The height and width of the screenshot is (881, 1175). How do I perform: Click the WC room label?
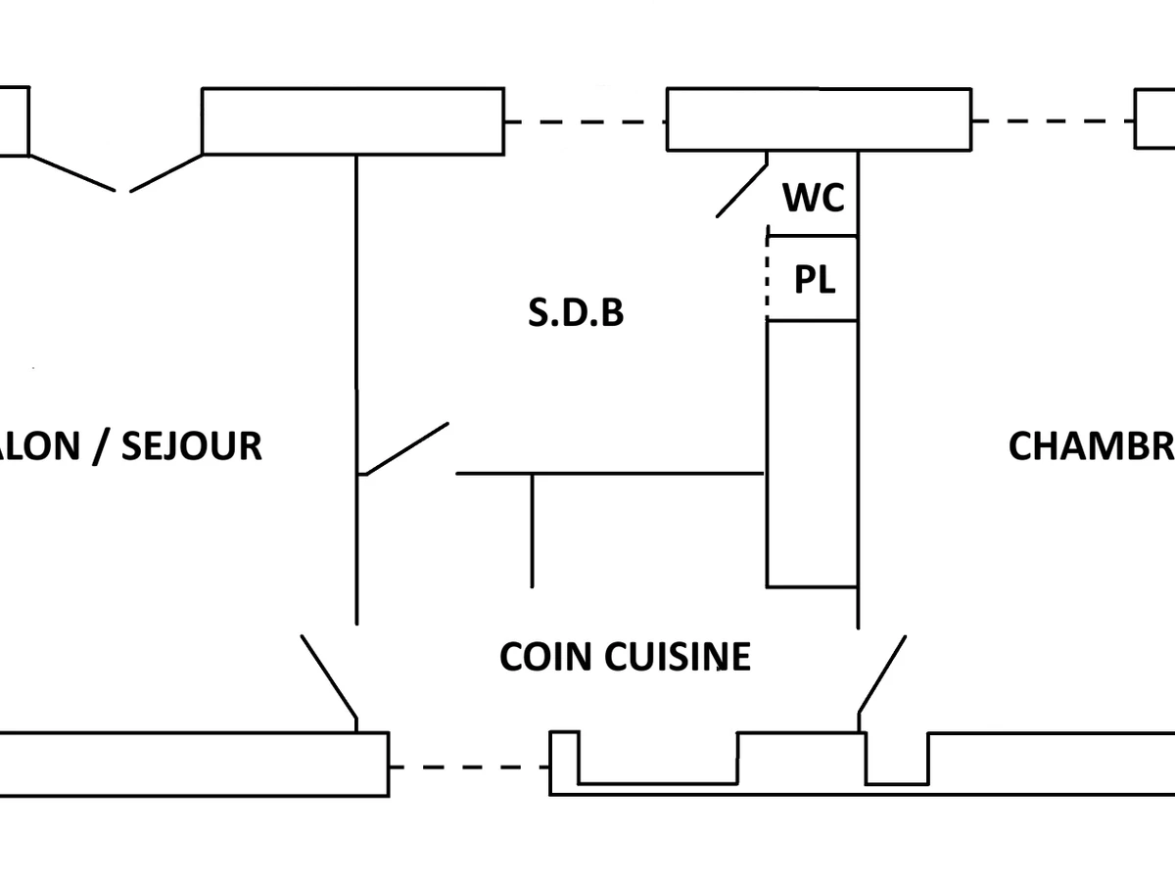[813, 199]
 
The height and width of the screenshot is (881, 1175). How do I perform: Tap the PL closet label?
[814, 281]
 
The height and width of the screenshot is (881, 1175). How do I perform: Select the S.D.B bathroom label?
[576, 313]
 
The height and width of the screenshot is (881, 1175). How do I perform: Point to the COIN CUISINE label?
[625, 657]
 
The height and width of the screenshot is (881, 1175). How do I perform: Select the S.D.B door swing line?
[405, 449]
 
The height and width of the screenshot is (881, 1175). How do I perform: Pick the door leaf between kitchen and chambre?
[881, 674]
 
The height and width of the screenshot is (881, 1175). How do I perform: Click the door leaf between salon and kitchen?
[329, 675]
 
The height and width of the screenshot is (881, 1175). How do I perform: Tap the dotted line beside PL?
[767, 279]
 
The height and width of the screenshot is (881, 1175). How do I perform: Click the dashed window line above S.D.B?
[586, 122]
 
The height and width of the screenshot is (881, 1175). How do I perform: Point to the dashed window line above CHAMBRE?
[1054, 121]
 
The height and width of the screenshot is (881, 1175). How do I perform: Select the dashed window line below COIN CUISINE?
[469, 766]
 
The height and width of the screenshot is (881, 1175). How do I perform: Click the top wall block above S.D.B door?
[352, 121]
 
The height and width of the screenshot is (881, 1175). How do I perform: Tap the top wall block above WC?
[819, 119]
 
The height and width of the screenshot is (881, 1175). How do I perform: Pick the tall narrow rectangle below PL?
[812, 453]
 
